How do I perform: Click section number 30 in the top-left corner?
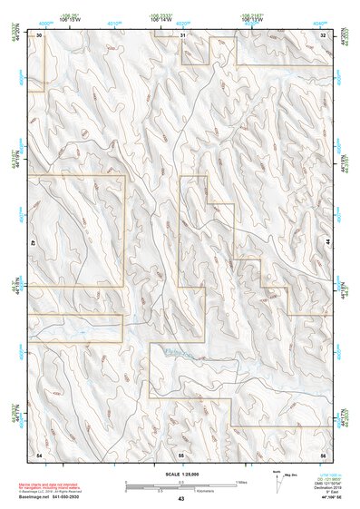pyautogui.click(x=39, y=34)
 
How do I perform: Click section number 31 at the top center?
pyautogui.click(x=182, y=34)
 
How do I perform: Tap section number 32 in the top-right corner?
pyautogui.click(x=323, y=34)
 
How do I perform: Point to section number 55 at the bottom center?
pyautogui.click(x=181, y=453)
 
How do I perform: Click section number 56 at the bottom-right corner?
pyautogui.click(x=323, y=453)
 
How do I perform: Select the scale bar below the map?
pyautogui.click(x=181, y=485)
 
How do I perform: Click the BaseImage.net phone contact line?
pyautogui.click(x=56, y=494)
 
